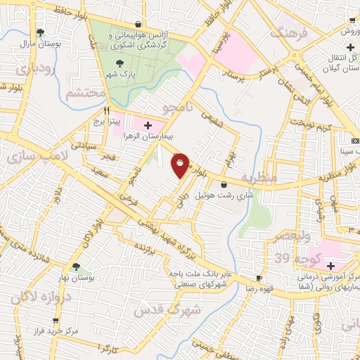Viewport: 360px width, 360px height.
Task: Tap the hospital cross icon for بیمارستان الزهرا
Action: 147,125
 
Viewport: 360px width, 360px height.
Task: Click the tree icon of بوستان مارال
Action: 40,32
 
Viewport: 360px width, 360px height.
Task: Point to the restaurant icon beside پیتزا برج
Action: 107,110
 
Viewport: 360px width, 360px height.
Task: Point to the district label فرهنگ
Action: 290,32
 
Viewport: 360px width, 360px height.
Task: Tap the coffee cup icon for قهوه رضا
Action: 259,278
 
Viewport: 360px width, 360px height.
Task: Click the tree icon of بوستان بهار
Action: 76,266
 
